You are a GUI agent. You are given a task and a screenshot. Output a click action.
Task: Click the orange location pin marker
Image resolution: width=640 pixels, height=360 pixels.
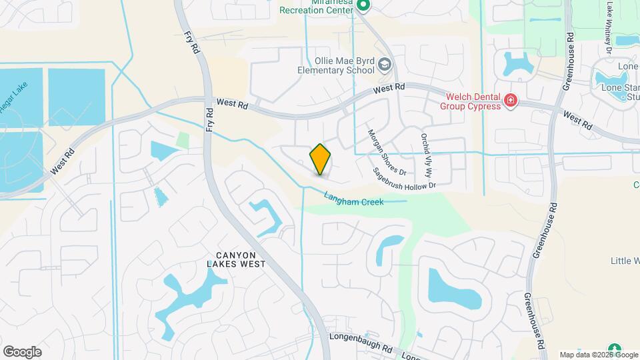[x=320, y=159]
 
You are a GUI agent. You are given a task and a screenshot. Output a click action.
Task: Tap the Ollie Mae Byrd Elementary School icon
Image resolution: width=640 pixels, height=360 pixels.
[x=384, y=65]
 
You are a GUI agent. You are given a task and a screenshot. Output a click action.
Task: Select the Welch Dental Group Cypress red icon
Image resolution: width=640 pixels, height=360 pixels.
[x=511, y=101]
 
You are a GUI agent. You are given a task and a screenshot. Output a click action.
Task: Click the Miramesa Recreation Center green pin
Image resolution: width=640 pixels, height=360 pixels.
[x=363, y=6]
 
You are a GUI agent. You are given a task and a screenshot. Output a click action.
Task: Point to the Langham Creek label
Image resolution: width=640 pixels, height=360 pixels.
[x=353, y=199]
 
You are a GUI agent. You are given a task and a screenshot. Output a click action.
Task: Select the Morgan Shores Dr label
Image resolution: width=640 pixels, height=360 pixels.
[x=383, y=152]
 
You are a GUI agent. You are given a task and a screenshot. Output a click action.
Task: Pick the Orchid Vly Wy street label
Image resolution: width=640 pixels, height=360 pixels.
[x=427, y=153]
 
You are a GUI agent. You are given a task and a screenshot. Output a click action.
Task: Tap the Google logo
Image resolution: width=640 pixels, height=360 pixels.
[x=22, y=351]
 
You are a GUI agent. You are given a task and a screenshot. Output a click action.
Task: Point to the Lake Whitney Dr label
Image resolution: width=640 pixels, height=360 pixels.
[x=609, y=27]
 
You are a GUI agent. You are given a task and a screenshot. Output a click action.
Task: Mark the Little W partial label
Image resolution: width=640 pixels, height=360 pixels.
[x=625, y=261]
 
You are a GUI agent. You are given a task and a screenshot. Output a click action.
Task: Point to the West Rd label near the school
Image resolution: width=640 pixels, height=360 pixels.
[x=389, y=88]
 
